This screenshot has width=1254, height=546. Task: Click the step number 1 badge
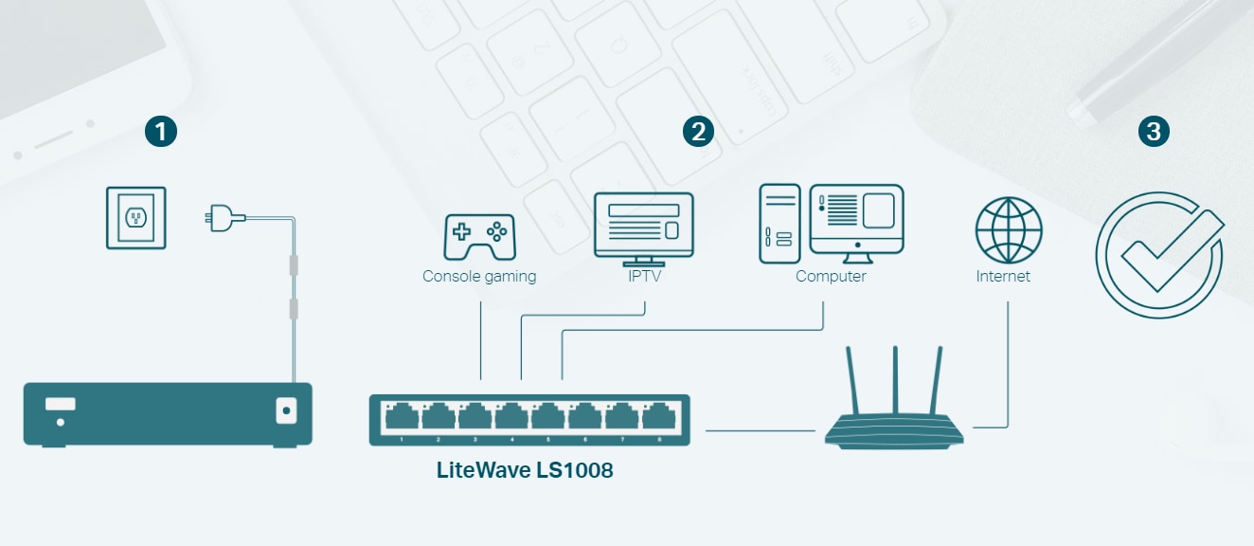click(x=161, y=132)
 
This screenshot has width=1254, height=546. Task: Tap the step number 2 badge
click(x=698, y=132)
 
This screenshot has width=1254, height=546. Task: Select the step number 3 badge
click(x=1153, y=132)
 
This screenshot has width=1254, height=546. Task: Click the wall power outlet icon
click(x=136, y=217)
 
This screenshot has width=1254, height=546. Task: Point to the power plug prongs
click(x=211, y=219)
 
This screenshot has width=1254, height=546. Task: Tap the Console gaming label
click(x=479, y=277)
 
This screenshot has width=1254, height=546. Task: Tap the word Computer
click(x=831, y=277)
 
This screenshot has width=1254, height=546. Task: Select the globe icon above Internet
click(x=1009, y=230)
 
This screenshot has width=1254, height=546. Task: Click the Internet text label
click(x=1003, y=277)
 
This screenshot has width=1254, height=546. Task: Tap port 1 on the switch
click(x=403, y=415)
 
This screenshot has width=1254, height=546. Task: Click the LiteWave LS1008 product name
click(x=525, y=469)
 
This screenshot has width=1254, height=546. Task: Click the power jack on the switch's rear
click(x=286, y=410)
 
